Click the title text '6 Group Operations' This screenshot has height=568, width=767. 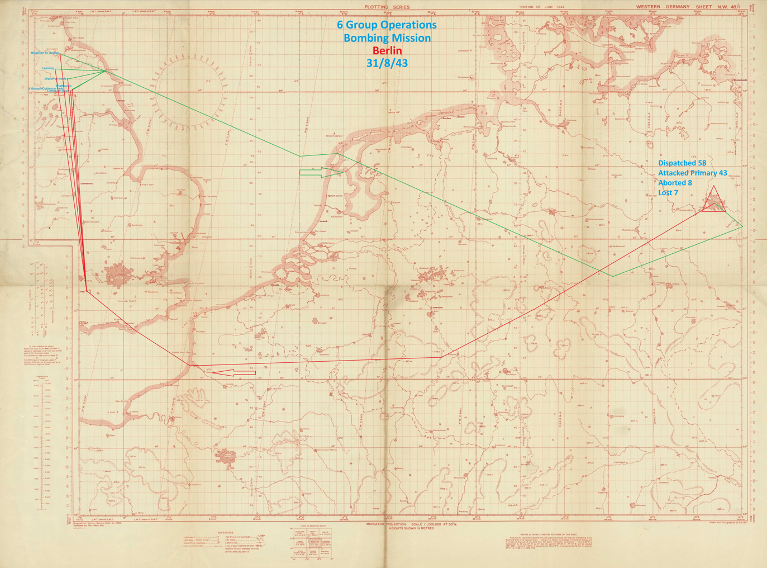[x=387, y=25]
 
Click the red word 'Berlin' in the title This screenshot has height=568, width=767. [x=387, y=51]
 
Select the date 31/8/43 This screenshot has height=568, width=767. [x=387, y=63]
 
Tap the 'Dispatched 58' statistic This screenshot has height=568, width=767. [x=682, y=163]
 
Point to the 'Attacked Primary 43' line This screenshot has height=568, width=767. [x=692, y=173]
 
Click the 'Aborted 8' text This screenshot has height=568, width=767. [x=675, y=183]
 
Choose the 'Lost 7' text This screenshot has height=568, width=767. [x=668, y=193]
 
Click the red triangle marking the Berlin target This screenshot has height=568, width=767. [x=714, y=201]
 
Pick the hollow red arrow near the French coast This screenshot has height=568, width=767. [x=234, y=372]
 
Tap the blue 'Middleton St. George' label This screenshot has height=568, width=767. [x=45, y=53]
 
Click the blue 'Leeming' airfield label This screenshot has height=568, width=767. [x=48, y=68]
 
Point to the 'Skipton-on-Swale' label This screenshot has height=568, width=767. [x=56, y=79]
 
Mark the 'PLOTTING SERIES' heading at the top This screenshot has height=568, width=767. [x=387, y=7]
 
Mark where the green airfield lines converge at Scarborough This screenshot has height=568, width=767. [x=104, y=72]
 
